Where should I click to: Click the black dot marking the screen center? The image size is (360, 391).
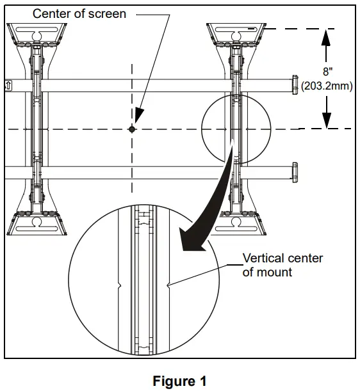tap(132, 129)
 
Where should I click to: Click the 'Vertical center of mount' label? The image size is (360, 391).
tap(282, 265)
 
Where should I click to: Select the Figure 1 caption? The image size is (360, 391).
tap(179, 381)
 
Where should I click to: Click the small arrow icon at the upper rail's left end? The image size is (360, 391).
tap(8, 84)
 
